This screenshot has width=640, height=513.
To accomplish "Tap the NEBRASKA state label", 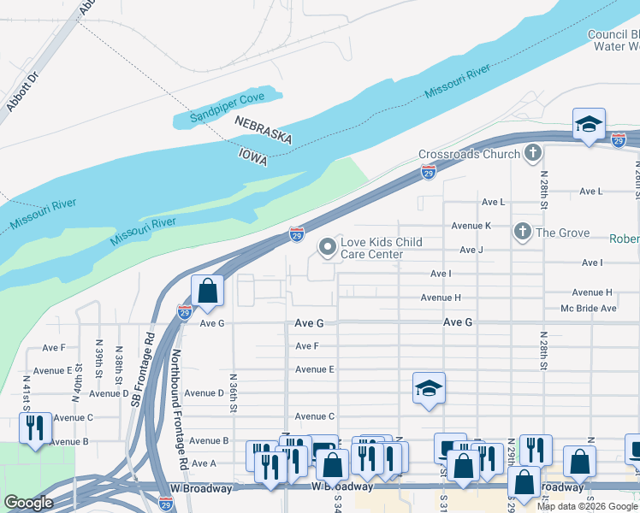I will pyautogui.click(x=264, y=131).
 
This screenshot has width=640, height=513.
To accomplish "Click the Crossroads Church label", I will pyautogui.click(x=469, y=154).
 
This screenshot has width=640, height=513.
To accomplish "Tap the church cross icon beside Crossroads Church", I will pyautogui.click(x=533, y=154).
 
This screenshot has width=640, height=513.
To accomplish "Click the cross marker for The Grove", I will pyautogui.click(x=521, y=232).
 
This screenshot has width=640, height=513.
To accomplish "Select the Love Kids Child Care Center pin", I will pyautogui.click(x=327, y=248).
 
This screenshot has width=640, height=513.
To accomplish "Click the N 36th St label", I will pyautogui.click(x=233, y=392).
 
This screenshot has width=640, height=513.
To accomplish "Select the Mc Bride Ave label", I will pyautogui.click(x=588, y=308).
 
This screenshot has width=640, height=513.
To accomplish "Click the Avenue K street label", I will pyautogui.click(x=471, y=226).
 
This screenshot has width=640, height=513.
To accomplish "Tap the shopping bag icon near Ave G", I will pyautogui.click(x=208, y=292).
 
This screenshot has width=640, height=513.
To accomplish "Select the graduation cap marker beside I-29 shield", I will pyautogui.click(x=589, y=124).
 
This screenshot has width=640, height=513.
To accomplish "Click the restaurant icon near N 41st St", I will pyautogui.click(x=35, y=428).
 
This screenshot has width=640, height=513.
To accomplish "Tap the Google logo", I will pyautogui.click(x=28, y=503).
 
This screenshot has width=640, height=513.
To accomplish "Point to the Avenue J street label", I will pyautogui.click(x=471, y=250).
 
